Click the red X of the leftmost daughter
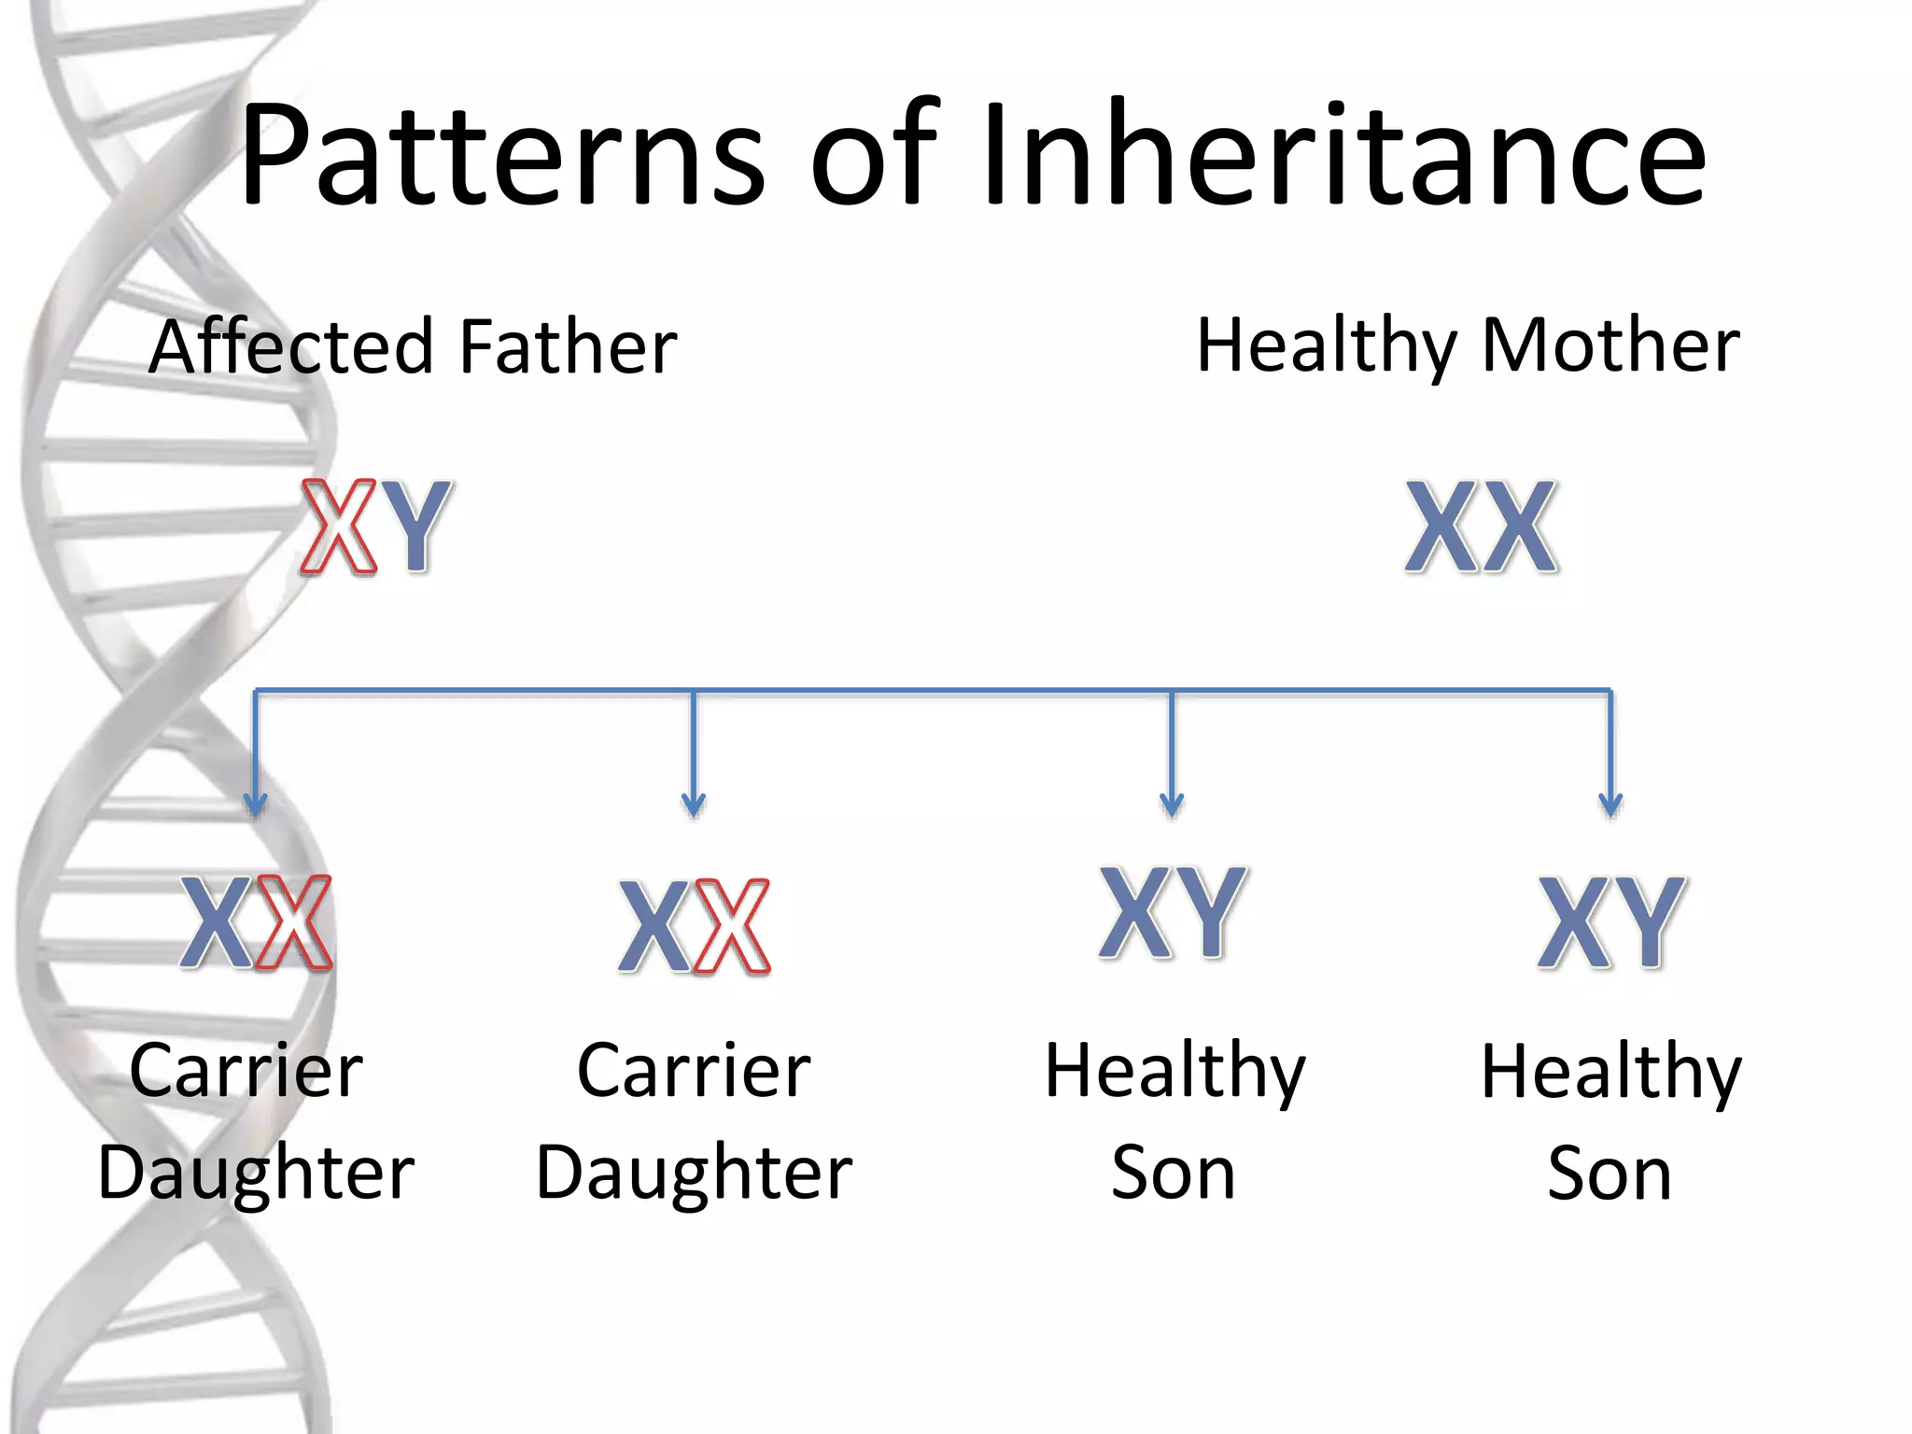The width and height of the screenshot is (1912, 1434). pyautogui.click(x=295, y=922)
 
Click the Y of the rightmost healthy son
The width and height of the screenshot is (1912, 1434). pyautogui.click(x=1650, y=922)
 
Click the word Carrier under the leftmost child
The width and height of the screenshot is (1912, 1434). pyautogui.click(x=246, y=1071)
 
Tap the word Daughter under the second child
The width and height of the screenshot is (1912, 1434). pyautogui.click(x=694, y=1174)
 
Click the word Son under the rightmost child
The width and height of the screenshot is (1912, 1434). pyautogui.click(x=1609, y=1174)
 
